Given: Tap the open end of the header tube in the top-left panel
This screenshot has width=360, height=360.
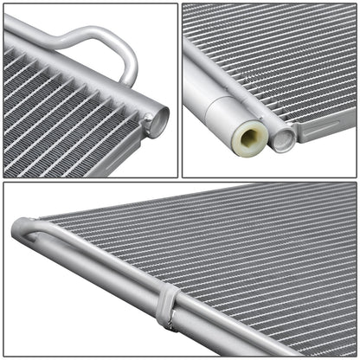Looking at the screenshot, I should [157, 119].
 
